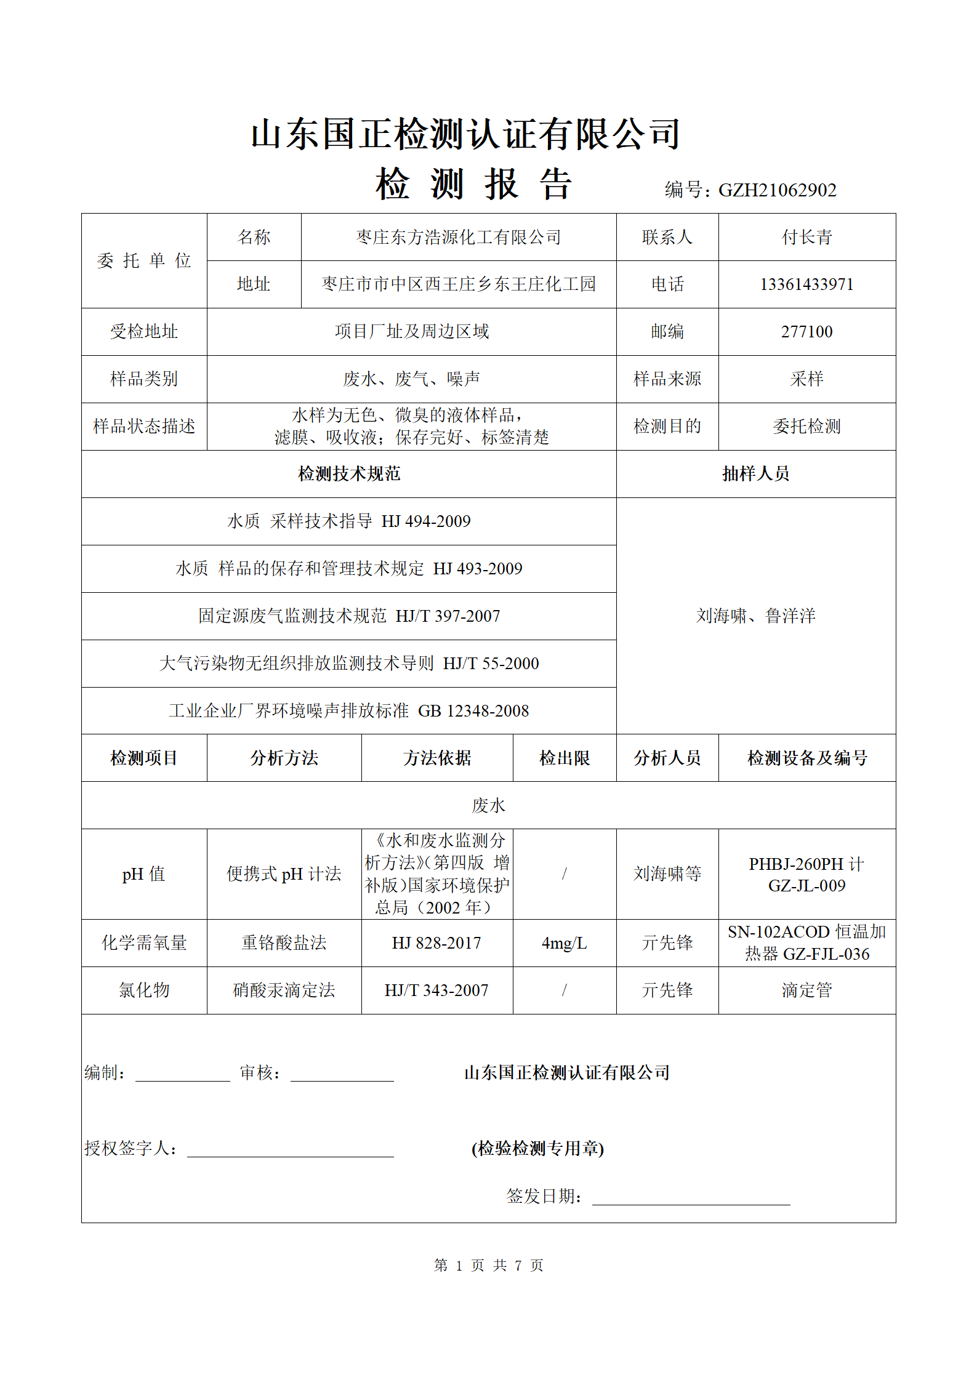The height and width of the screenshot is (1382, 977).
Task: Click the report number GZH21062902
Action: [777, 190]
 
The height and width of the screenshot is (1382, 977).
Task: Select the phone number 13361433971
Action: [806, 284]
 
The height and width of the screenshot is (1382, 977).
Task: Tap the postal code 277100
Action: [806, 332]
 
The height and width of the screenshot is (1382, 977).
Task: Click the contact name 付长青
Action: [806, 237]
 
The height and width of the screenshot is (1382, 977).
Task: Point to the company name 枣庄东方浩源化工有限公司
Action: [458, 237]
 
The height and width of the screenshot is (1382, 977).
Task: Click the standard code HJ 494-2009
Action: [426, 521]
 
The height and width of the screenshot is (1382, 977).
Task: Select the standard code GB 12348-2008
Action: [473, 711]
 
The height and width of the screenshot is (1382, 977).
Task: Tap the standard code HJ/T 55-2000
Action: [491, 664]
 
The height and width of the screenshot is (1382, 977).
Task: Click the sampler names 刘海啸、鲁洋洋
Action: [755, 616]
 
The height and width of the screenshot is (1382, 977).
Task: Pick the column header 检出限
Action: [564, 758]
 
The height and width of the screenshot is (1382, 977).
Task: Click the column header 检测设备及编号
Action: [806, 758]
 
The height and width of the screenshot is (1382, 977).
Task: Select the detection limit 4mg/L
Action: [564, 943]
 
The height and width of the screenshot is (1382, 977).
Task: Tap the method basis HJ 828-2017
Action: [436, 943]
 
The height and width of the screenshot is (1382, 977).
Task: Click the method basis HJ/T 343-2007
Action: [436, 990]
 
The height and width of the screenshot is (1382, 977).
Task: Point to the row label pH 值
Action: [143, 874]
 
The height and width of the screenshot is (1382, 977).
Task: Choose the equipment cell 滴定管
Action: [806, 990]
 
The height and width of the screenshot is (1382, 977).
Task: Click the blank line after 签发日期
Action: [691, 1199]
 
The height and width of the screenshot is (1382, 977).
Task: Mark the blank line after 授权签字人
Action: [290, 1151]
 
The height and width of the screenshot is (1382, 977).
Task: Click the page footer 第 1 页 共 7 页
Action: [488, 1265]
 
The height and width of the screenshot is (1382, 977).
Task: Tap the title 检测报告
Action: [473, 184]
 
